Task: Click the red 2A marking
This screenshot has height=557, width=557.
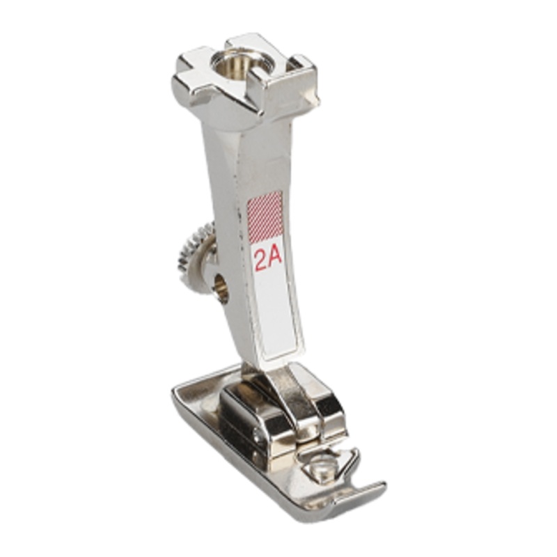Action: (x=268, y=260)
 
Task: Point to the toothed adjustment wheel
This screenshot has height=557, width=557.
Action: (x=195, y=251)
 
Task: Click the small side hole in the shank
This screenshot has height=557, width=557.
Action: (x=222, y=283)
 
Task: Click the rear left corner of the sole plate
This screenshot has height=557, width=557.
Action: (x=175, y=391)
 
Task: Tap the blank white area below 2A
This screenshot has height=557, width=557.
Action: (x=278, y=313)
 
